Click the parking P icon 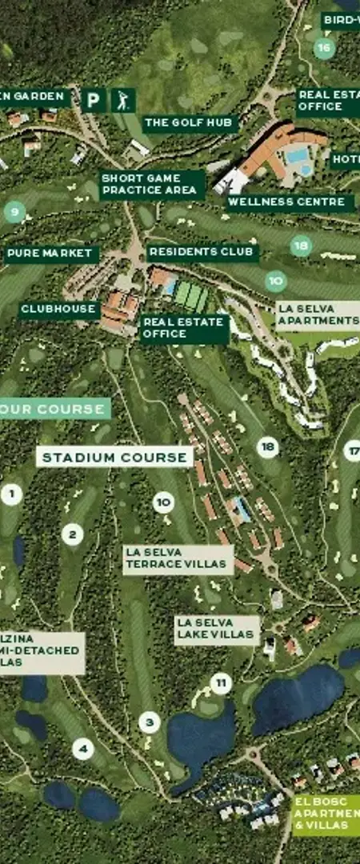(x=94, y=100)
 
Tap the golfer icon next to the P (x=122, y=100)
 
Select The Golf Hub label (x=190, y=122)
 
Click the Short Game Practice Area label (x=149, y=184)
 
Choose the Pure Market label (x=50, y=254)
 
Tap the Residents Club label (x=202, y=251)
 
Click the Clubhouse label (x=58, y=309)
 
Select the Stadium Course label (x=114, y=458)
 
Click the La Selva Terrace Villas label (x=178, y=558)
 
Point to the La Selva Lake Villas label (x=217, y=629)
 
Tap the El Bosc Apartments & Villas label (x=326, y=813)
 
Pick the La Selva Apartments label (x=318, y=315)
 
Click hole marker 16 (x=323, y=48)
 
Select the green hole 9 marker (x=14, y=213)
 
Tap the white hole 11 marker (x=221, y=684)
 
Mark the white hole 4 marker (x=83, y=750)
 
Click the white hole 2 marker (x=73, y=534)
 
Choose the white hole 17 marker (x=353, y=450)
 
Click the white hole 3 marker (x=149, y=723)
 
